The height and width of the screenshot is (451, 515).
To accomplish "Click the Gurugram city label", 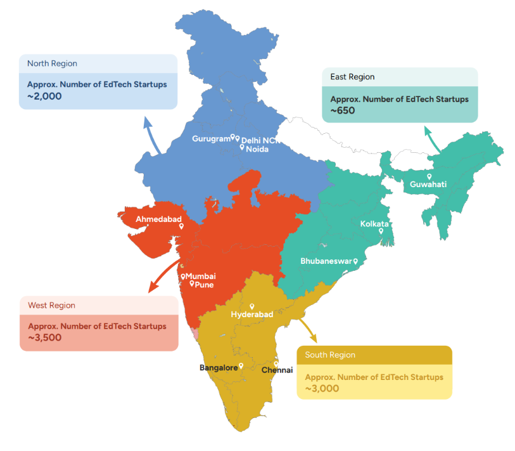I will coord(210,138).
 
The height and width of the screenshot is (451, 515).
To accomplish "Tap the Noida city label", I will coord(257,149).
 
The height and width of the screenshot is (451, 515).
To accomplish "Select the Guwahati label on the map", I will coord(428,185).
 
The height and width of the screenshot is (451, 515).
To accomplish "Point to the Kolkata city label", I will coord(374,224).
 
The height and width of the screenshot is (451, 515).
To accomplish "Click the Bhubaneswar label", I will coord(326,261).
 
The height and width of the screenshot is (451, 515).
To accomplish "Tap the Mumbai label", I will coord(200,277).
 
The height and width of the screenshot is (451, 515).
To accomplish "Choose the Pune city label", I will coord(204,285).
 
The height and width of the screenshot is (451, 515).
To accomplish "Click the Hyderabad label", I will coord(252,315).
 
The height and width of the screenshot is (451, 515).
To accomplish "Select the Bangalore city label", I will coord(219,367).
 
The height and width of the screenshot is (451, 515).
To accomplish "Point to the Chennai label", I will coord(277,370).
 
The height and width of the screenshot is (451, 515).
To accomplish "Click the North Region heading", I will coord(52,63).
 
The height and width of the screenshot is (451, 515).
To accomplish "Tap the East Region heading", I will coord(352,77).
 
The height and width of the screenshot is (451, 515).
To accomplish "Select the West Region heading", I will coord(51,306).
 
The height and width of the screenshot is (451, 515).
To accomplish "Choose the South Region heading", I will coord(330,355).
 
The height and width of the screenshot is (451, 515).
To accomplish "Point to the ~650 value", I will coord(343,110).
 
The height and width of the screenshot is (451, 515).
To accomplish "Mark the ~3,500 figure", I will coord(44,337).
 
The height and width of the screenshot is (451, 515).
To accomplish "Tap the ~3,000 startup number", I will coord(322,388).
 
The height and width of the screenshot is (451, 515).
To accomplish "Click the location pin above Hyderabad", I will coord(252,306).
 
